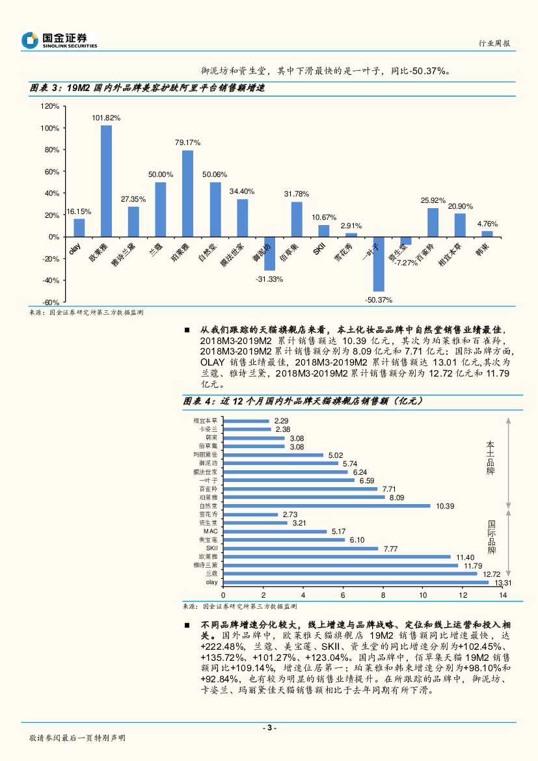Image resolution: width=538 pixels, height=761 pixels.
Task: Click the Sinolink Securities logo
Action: point(59,40)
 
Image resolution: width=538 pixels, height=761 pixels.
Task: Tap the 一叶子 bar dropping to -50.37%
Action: point(379,264)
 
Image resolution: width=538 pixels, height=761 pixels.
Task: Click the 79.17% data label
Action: point(187,142)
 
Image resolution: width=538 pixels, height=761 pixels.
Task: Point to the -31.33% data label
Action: point(269,279)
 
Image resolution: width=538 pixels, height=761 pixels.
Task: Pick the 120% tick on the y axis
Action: point(50,106)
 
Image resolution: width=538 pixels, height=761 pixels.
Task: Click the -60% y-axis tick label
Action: point(50,302)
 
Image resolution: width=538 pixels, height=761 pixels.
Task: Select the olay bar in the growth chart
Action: point(79,228)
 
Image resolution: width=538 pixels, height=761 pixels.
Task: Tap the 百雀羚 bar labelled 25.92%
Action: point(433,222)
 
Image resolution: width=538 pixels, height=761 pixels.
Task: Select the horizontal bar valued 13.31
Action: point(356,582)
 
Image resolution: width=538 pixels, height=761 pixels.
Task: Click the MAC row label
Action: point(210,531)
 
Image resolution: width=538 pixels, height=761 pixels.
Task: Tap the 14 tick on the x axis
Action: point(503,595)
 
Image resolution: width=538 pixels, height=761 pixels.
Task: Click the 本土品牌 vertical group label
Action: point(491,459)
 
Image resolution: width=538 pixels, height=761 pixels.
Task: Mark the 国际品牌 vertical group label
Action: point(492,537)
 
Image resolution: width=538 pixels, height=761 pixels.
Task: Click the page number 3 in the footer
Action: point(269,728)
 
